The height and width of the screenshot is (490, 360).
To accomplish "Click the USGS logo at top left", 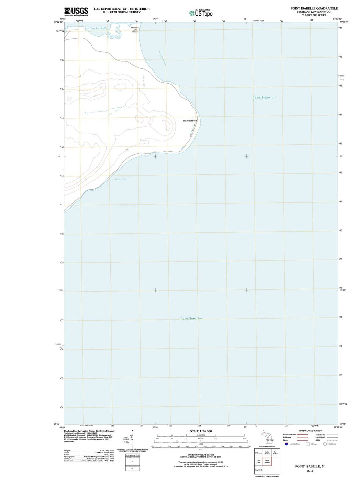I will (76, 12).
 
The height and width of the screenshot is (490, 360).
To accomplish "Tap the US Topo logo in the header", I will (201, 13).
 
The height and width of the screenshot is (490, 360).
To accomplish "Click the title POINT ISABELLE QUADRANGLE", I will (314, 8).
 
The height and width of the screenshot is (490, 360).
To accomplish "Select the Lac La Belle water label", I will (99, 28).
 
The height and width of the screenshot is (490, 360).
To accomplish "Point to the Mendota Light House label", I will (135, 30).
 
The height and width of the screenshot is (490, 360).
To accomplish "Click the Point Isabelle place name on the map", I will (190, 121).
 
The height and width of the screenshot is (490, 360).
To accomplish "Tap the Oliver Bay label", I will (121, 179).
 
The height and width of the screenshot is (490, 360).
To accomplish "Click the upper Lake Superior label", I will (264, 97).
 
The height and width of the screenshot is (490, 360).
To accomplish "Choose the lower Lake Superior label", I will (191, 318).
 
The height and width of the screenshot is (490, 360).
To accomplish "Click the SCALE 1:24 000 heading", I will (201, 431).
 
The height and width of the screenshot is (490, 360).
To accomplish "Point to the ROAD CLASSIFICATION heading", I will (310, 431).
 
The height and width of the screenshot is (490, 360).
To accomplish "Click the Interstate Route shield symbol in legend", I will (286, 444).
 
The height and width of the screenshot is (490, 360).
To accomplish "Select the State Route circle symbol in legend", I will (325, 444).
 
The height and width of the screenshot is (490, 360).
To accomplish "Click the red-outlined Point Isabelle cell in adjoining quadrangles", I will (267, 461).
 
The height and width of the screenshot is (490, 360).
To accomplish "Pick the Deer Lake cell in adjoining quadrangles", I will (259, 461).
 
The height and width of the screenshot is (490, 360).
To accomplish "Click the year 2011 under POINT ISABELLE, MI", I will (310, 471).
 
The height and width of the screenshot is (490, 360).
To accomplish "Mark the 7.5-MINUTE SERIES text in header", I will (314, 15).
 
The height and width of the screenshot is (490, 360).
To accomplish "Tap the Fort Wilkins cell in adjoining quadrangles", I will (276, 453).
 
